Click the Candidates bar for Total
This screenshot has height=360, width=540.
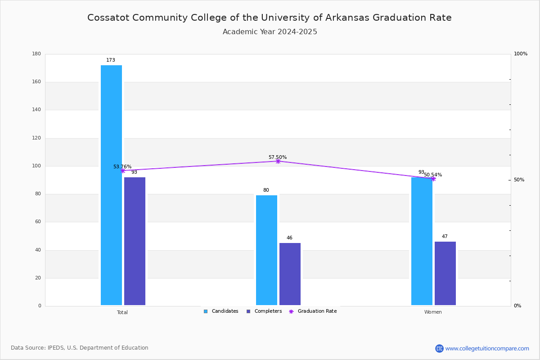pyautogui.click(x=111, y=185)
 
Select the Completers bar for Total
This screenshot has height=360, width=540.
pyautogui.click(x=135, y=241)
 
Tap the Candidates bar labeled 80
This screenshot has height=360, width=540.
pyautogui.click(x=266, y=250)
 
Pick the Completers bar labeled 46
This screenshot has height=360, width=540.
pyautogui.click(x=290, y=274)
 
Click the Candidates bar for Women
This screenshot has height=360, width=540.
pyautogui.click(x=422, y=241)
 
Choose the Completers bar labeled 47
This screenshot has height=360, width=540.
pyautogui.click(x=445, y=273)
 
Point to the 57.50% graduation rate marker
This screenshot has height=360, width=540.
pyautogui.click(x=278, y=161)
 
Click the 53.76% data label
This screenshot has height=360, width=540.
pyautogui.click(x=122, y=166)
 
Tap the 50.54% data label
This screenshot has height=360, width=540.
pyautogui.click(x=433, y=175)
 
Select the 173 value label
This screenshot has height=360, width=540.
pyautogui.click(x=111, y=60)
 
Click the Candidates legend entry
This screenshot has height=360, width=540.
pyautogui.click(x=221, y=311)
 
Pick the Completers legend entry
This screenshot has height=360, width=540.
pyautogui.click(x=264, y=311)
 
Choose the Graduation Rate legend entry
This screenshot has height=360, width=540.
pyautogui.click(x=313, y=311)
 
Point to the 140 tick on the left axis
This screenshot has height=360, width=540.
pyautogui.click(x=36, y=110)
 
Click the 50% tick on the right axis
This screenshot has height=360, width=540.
pyautogui.click(x=519, y=180)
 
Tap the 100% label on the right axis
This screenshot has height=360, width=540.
pyautogui.click(x=521, y=54)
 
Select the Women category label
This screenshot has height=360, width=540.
pyautogui.click(x=433, y=312)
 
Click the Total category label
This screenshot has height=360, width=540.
pyautogui.click(x=122, y=312)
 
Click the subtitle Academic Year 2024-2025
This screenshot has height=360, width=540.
pyautogui.click(x=270, y=32)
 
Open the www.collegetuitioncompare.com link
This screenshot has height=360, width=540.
pyautogui.click(x=487, y=348)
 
